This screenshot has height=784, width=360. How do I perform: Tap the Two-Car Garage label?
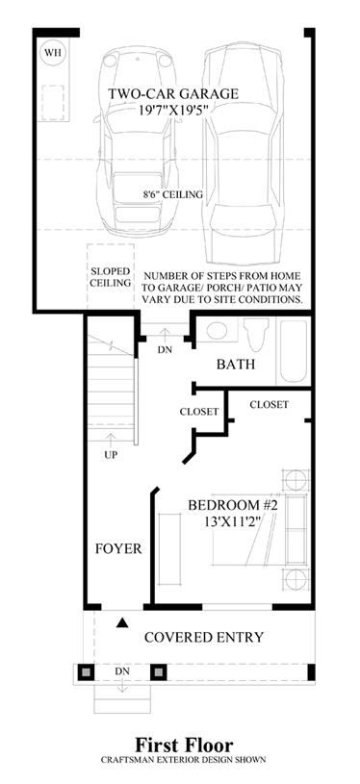tap(174, 93)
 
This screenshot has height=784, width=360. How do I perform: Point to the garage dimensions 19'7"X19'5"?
tap(174, 109)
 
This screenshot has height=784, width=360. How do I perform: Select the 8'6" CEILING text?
tap(171, 194)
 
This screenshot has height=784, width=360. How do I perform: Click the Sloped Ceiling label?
tap(111, 277)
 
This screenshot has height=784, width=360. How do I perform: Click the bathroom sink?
tap(217, 331)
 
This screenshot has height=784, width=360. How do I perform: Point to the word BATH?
tap(236, 365)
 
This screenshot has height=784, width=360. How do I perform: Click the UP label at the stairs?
tap(111, 456)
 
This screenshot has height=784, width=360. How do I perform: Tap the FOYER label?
tap(118, 549)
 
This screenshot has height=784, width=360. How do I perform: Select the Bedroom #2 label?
tap(233, 505)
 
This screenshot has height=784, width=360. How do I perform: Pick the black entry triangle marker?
tap(122, 622)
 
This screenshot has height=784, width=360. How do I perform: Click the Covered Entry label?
tap(204, 638)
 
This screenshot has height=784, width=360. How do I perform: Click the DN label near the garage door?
tap(165, 350)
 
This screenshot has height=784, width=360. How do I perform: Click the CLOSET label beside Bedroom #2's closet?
tap(269, 404)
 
